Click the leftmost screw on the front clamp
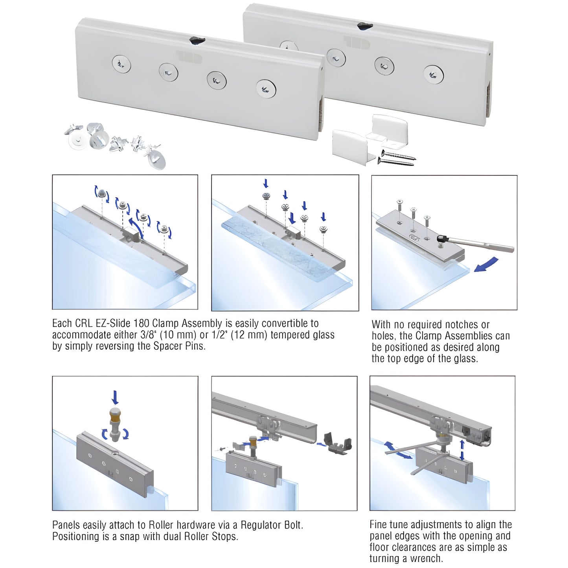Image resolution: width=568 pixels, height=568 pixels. [121, 64]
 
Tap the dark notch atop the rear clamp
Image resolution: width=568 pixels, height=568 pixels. [365, 26]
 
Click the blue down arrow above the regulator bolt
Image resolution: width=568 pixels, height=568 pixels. [115, 397]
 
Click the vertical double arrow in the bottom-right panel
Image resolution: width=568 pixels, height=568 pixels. [462, 449]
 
